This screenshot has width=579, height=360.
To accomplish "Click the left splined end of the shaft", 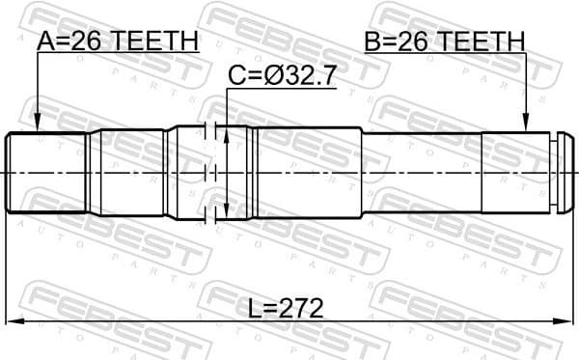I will [x=48, y=172].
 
